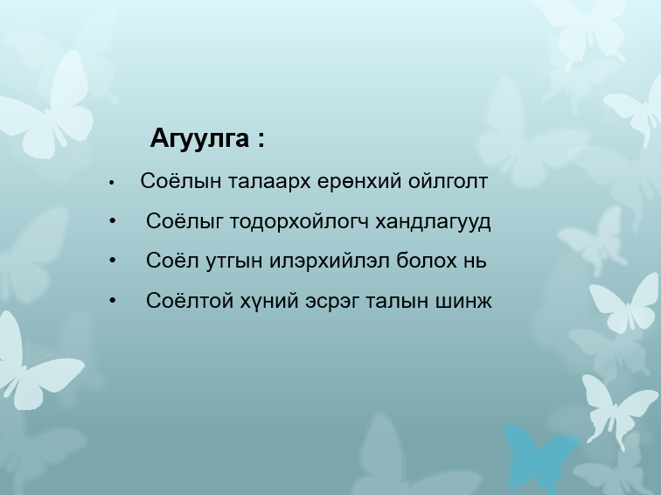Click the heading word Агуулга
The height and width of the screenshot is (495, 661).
[200, 139]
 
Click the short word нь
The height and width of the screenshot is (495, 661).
[474, 261]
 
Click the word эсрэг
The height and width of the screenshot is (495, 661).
[337, 301]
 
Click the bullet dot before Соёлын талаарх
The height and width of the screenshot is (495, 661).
[112, 184]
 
